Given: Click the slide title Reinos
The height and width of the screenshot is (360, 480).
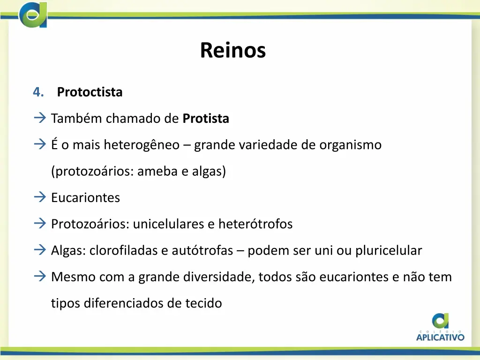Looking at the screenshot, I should point(232,50).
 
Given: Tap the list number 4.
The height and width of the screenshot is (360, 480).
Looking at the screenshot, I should point(38,92).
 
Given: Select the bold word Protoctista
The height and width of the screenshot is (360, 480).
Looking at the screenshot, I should point(90,92).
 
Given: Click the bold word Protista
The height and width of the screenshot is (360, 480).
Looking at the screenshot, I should point(206,119).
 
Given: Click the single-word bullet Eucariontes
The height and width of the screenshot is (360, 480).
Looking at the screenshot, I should point(85,198).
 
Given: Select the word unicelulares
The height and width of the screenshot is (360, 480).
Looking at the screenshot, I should point(168,224).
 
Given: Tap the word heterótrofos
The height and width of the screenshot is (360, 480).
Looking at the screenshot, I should point(255,224).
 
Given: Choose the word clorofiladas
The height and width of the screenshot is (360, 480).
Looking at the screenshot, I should point(123,251).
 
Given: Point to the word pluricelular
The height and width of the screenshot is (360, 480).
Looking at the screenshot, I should point(389,251).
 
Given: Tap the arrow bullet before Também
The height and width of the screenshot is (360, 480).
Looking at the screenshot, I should point(40,118).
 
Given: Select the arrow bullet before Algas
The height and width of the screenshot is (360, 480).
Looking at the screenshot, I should point(40,250).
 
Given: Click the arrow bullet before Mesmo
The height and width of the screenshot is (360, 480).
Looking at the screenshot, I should point(40,277).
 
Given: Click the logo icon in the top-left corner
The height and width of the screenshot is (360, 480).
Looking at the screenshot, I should point(33,14).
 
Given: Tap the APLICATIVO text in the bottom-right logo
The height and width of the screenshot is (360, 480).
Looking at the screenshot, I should point(440,337).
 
